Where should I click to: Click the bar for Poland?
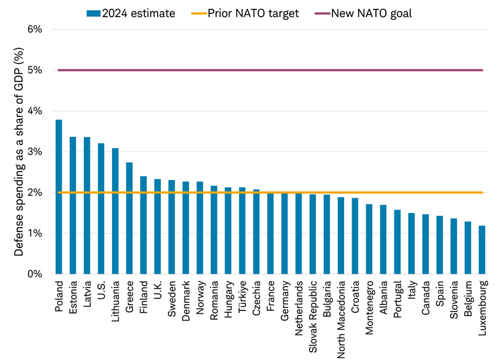click(x=59, y=197)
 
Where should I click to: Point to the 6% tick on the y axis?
click(x=34, y=29)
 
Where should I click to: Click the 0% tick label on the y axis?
click(x=34, y=274)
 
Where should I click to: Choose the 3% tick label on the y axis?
click(x=34, y=152)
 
